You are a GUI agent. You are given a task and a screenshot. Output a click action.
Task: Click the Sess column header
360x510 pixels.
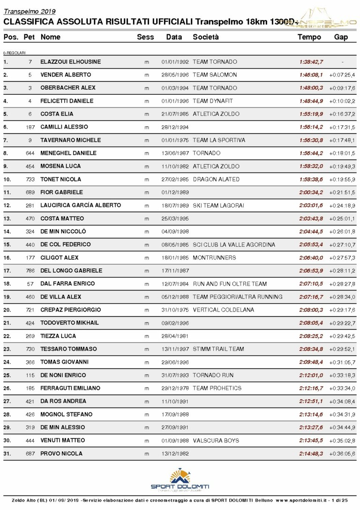tap(145, 37)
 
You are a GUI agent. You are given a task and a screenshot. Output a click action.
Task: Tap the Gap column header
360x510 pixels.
tap(341, 37)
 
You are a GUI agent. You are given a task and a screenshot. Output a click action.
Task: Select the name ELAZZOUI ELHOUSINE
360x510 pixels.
tap(70, 62)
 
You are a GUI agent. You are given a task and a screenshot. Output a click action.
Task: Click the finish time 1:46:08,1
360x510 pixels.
tap(311, 75)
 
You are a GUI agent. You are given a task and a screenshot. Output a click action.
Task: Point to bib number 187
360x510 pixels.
tap(30, 127)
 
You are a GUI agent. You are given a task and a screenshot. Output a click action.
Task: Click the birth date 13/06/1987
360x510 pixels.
tap(175, 153)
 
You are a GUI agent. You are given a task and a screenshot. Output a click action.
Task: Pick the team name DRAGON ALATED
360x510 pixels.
tap(216, 180)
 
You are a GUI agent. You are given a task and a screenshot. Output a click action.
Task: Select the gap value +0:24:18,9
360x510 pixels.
tap(342, 206)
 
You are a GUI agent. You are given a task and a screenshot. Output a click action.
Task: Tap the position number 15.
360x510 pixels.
tap(7, 245)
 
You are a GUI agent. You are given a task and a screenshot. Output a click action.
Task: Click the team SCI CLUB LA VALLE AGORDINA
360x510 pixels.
tap(234, 245)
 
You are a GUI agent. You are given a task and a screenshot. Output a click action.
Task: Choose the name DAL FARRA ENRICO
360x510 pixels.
tap(67, 284)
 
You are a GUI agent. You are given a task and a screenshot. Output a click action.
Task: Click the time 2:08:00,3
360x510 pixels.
tap(311, 310)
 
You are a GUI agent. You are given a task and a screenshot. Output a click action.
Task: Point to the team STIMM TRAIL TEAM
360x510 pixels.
tap(218, 349)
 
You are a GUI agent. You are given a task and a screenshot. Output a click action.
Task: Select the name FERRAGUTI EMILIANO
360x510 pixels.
tap(70, 388)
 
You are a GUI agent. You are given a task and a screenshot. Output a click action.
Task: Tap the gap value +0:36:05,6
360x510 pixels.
tap(342, 454)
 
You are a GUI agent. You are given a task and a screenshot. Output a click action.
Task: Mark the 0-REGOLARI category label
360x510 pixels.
tap(14, 53)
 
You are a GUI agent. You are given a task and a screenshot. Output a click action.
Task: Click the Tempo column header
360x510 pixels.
tap(309, 37)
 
